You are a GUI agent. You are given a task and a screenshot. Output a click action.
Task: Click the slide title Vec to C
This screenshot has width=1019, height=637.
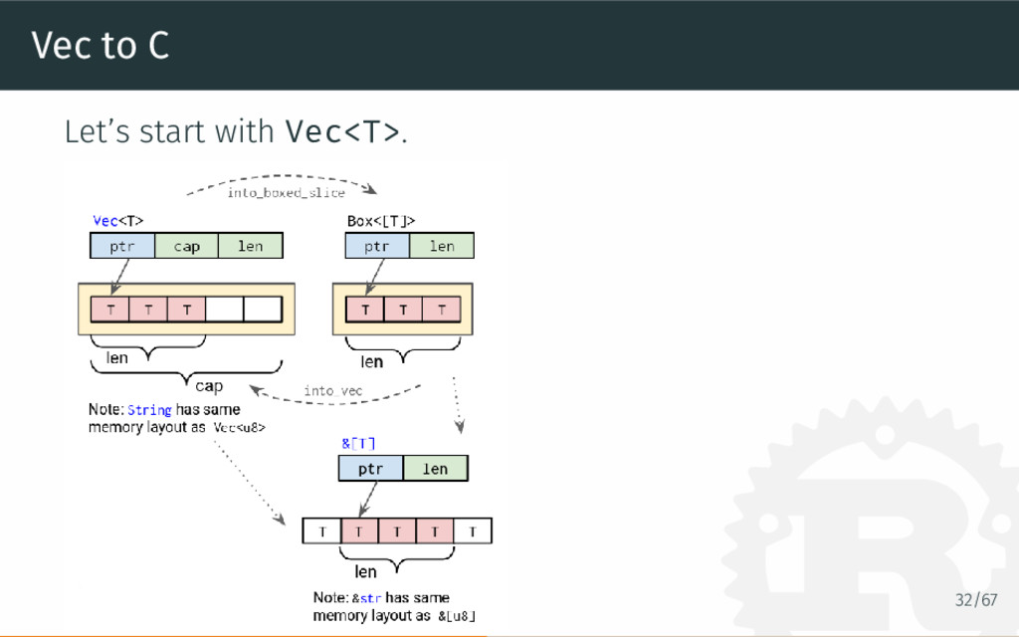100,45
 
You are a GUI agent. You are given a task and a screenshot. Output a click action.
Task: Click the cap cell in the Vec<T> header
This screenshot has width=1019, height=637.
187,246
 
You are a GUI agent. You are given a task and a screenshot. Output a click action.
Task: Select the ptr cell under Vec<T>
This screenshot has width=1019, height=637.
122,246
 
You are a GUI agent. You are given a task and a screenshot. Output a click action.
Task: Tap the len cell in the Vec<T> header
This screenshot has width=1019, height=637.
251,246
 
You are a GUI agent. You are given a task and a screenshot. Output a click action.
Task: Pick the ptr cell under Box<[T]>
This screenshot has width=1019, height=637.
377,246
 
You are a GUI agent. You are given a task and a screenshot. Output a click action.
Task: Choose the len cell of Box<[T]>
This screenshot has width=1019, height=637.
442,246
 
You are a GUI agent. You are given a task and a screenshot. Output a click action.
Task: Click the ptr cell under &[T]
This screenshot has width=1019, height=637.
370,469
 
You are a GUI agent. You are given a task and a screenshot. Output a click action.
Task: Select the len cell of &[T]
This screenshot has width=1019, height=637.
436,469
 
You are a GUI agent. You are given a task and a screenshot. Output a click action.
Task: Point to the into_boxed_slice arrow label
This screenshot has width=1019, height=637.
286,193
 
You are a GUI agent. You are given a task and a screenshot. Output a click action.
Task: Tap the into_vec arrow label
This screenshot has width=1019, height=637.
333,391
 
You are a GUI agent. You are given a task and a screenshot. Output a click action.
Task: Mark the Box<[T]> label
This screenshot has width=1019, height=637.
381,220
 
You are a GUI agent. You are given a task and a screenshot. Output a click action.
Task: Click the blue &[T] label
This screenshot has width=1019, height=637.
358,443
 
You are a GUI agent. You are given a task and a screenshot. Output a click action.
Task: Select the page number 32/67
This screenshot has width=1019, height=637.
975,600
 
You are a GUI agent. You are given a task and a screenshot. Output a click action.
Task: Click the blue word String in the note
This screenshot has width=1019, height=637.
149,410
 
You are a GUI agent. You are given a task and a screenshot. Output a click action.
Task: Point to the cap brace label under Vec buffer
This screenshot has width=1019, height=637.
209,385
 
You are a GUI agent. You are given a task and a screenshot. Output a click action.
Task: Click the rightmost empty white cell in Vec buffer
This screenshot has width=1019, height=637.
263,310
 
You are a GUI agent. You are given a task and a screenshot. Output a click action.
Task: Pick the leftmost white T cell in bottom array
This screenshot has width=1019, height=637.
321,531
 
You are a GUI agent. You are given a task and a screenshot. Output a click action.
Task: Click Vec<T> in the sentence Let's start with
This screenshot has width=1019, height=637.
343,131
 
